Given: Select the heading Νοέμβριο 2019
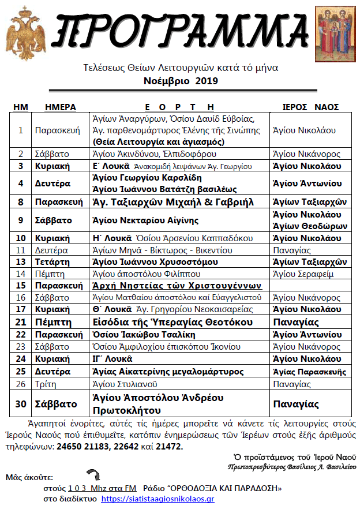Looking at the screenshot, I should point(180,81).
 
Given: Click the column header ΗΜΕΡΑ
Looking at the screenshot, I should point(61,107).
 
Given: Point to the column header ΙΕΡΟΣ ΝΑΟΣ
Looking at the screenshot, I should point(310,107).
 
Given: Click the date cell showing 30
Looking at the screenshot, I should point(21,404).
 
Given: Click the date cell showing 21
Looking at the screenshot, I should point(21,322).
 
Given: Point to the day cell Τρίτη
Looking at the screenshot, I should point(46,383).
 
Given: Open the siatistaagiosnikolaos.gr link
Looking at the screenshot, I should point(157,499).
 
